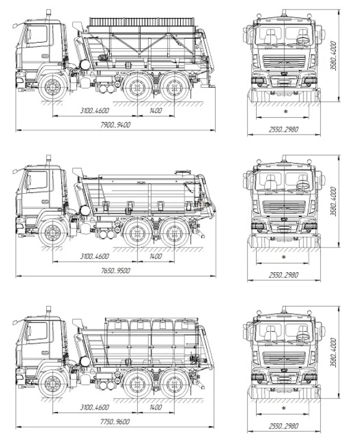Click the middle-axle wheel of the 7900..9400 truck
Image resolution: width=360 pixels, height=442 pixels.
coord(138,86)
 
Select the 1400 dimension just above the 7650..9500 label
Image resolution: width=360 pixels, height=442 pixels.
coord(156,256)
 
